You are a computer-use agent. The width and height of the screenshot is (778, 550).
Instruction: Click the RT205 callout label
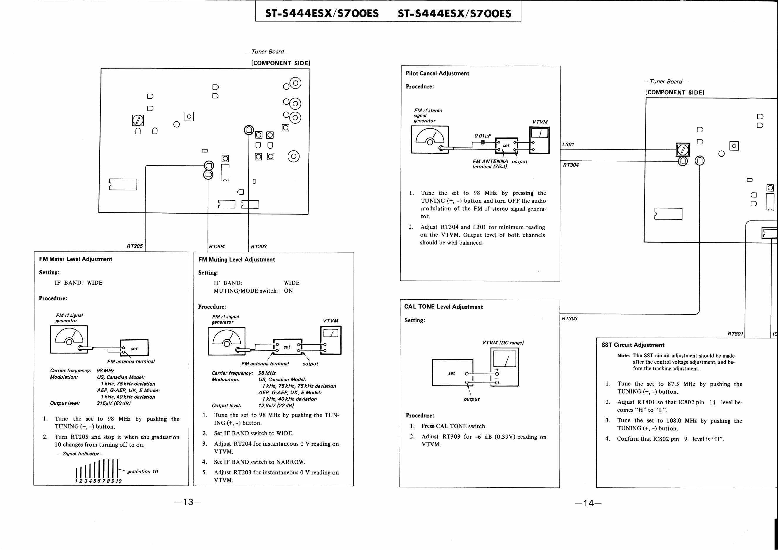[135, 246]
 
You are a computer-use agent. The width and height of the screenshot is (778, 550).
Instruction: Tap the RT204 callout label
[217, 246]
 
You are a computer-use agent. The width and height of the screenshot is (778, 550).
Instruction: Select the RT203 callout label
[259, 246]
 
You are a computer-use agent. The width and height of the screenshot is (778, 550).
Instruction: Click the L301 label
[568, 145]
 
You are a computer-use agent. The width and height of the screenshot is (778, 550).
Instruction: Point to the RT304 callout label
[570, 165]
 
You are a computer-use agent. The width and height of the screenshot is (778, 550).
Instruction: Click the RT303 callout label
[570, 318]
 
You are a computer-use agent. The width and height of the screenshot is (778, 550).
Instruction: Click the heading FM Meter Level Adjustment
[76, 259]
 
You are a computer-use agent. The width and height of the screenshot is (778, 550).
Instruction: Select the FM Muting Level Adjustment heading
[237, 259]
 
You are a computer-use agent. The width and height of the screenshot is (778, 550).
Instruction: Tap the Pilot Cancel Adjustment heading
[437, 73]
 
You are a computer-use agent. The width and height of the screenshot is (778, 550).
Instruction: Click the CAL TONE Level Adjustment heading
[444, 306]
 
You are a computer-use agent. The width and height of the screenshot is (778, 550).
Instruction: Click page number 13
[188, 502]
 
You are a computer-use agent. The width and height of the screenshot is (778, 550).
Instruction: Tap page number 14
[589, 503]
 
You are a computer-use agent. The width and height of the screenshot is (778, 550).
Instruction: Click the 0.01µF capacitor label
[483, 136]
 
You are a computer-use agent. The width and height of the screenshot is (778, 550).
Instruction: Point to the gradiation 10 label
[143, 472]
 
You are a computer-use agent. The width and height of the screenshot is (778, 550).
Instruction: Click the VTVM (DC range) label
[503, 343]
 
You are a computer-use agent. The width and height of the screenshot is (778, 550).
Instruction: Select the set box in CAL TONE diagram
[453, 373]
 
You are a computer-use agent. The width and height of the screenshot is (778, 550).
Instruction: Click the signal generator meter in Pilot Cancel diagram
[430, 140]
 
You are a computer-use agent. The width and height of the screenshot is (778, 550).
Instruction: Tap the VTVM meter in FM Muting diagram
[331, 340]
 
